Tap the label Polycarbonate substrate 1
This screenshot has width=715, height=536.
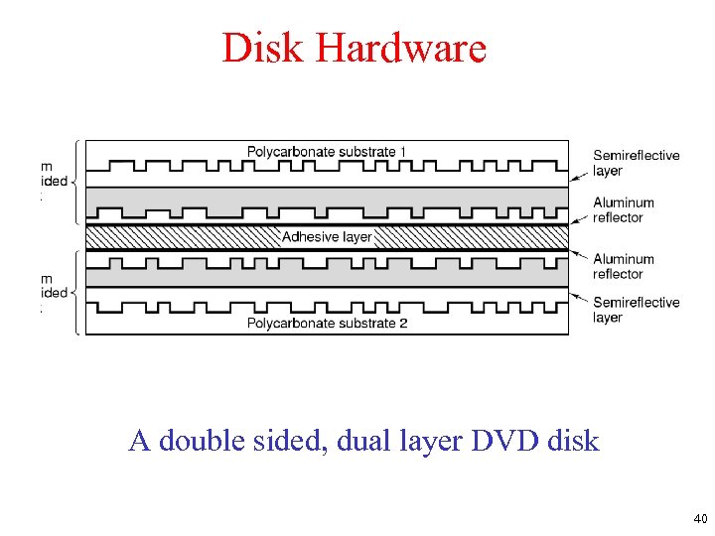327,151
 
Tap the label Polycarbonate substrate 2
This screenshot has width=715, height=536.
327,323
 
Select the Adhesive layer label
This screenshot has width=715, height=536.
327,236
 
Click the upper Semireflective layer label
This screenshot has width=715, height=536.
636,163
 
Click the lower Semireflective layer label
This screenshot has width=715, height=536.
636,310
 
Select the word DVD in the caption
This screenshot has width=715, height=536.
505,441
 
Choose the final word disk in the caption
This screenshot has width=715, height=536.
575,441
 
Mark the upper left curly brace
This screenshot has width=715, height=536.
73,182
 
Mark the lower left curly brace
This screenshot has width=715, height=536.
73,293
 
